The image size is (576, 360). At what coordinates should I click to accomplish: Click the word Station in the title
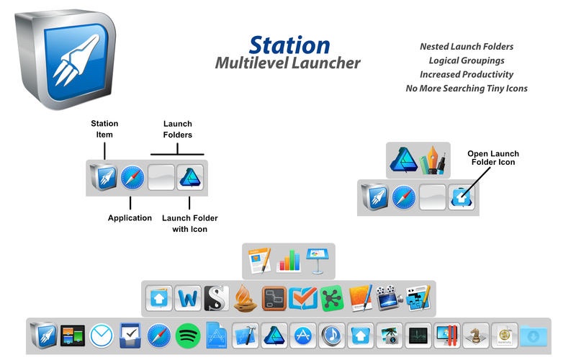click(x=289, y=44)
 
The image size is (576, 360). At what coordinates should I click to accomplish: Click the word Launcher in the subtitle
click(x=320, y=63)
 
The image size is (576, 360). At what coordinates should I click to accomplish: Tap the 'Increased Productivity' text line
click(x=466, y=74)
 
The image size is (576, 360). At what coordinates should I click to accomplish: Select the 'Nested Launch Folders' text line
click(x=466, y=47)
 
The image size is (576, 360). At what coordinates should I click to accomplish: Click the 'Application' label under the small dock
click(x=130, y=217)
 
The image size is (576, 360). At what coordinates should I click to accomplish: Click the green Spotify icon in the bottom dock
click(x=187, y=335)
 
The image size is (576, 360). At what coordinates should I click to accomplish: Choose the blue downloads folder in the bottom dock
click(x=534, y=336)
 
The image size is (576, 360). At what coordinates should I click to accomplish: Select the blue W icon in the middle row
click(x=187, y=297)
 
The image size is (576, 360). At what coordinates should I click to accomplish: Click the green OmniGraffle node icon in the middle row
click(x=331, y=297)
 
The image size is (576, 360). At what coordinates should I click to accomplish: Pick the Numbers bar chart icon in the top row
click(x=288, y=260)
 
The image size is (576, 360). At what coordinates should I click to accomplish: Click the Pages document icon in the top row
click(x=259, y=260)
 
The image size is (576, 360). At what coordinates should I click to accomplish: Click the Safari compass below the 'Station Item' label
click(x=132, y=177)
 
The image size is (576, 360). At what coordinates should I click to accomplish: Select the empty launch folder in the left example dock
click(x=161, y=177)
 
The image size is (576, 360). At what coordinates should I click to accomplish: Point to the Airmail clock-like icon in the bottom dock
click(x=101, y=335)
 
